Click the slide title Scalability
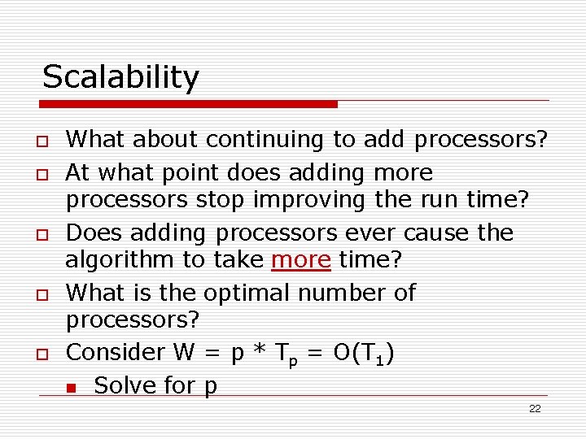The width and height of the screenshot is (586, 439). pyautogui.click(x=120, y=77)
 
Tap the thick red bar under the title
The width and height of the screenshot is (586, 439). pyautogui.click(x=189, y=104)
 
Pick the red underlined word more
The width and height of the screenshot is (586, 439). pyautogui.click(x=301, y=259)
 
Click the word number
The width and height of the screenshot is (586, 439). pyautogui.click(x=357, y=292)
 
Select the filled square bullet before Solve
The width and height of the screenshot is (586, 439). pyautogui.click(x=72, y=387)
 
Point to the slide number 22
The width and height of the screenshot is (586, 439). pyautogui.click(x=534, y=409)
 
